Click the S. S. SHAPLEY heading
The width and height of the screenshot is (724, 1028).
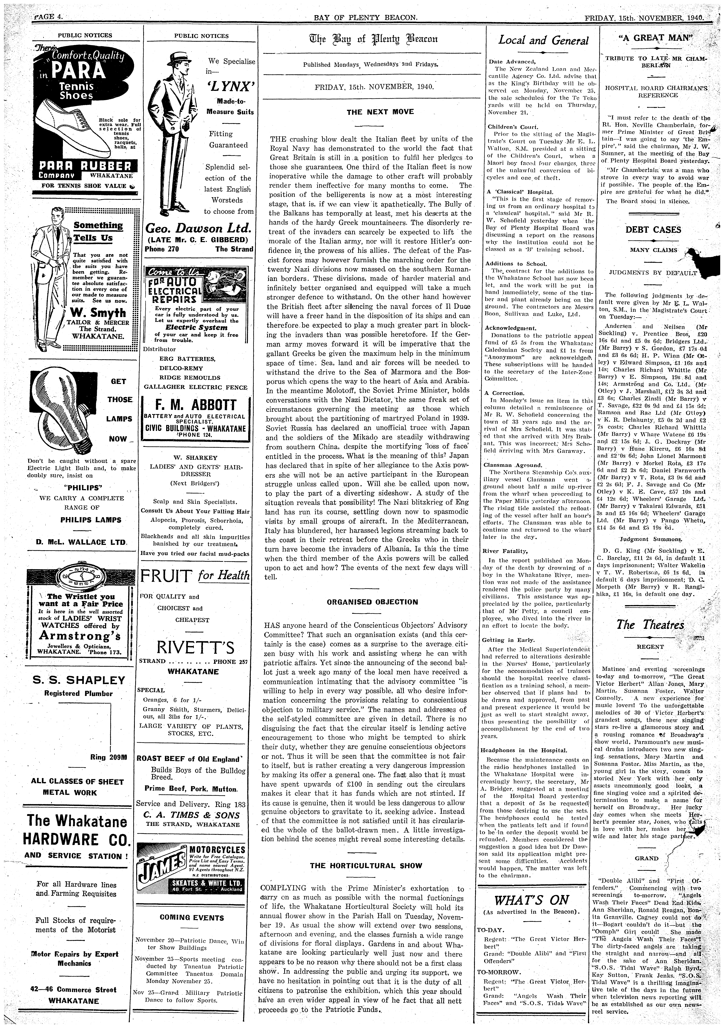pyautogui.click(x=78, y=680)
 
